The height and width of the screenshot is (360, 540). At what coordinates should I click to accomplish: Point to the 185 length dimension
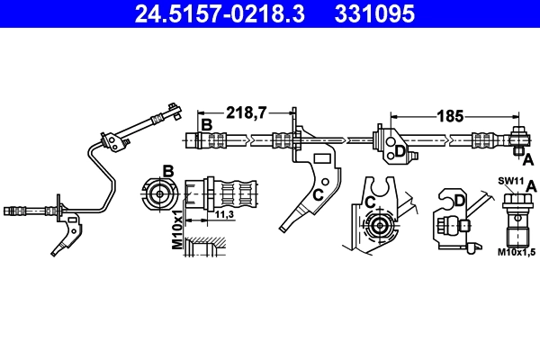coord(449,116)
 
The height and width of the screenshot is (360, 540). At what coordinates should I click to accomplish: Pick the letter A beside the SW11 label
coord(531,186)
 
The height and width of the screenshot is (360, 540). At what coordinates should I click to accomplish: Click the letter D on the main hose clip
coord(400,152)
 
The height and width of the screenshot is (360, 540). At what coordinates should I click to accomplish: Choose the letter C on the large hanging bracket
coord(318,193)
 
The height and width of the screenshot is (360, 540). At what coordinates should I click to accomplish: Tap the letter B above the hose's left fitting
coord(206,125)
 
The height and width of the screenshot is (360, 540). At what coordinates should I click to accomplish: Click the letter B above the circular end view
coord(167,171)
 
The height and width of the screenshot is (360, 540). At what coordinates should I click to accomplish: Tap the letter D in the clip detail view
coord(458,201)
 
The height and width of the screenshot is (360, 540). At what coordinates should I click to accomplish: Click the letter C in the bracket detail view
coord(370,202)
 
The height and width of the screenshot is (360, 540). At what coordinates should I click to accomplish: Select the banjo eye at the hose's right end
coord(519,139)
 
